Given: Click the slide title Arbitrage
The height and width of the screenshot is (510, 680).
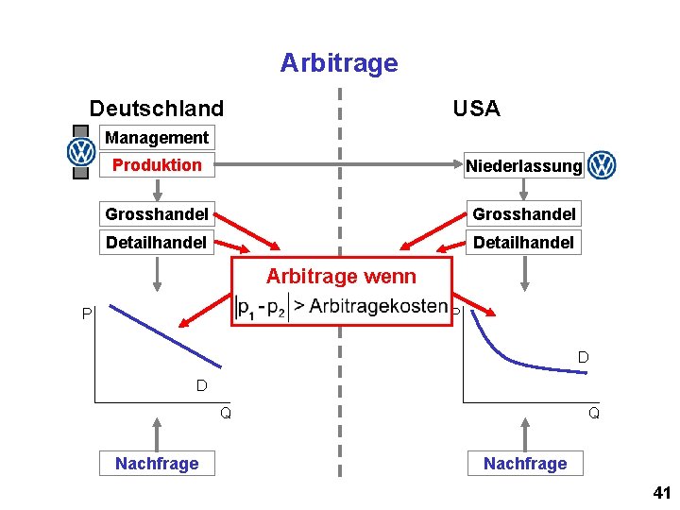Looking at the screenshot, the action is [x=339, y=63].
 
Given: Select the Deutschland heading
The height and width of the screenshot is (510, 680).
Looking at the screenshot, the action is [x=156, y=109].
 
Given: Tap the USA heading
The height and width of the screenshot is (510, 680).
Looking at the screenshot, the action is [x=476, y=109].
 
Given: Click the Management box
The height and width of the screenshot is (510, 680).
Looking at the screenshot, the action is [x=157, y=138].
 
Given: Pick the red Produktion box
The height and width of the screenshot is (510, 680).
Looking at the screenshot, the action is [x=157, y=165].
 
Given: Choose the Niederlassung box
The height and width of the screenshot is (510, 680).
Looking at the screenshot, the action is [x=524, y=166].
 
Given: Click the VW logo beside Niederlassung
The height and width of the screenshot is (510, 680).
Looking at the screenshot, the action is [x=602, y=166].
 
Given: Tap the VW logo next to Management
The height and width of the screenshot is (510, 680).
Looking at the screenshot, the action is [x=82, y=151].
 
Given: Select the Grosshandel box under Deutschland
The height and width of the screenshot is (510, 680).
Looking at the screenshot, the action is [x=157, y=213].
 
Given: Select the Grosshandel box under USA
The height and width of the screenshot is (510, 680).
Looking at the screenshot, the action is [x=524, y=213].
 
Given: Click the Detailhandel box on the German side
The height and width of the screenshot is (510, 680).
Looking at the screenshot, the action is [x=157, y=243].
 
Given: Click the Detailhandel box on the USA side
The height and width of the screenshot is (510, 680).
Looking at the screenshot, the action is [x=523, y=243].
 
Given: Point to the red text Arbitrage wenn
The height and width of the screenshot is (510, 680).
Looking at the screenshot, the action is [x=340, y=277].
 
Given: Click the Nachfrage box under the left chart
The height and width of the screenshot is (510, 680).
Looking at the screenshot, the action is [x=157, y=463].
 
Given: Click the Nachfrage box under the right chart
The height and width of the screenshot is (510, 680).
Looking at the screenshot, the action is [x=525, y=463].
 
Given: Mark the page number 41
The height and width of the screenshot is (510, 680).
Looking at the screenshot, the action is [x=660, y=494].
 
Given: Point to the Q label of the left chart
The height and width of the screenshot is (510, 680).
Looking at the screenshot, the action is [x=226, y=413].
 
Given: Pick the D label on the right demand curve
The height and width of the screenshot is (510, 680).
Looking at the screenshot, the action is [x=584, y=357].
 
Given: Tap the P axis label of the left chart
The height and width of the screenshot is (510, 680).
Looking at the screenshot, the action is [x=86, y=314].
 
